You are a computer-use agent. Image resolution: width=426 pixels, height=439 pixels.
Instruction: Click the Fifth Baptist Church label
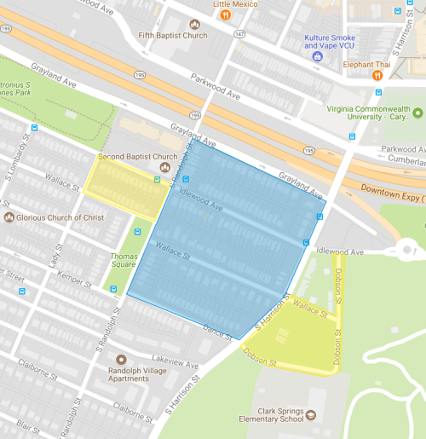(173, 36)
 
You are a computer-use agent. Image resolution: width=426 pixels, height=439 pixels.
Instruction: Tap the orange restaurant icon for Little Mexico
(225, 14)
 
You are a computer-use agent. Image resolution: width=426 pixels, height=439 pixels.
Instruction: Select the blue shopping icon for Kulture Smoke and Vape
(318, 56)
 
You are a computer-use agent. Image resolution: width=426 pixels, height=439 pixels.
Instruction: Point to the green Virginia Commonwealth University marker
(417, 113)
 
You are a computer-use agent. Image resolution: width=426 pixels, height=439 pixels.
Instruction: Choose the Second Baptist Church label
(137, 157)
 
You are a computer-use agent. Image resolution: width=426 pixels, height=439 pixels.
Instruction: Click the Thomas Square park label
(124, 260)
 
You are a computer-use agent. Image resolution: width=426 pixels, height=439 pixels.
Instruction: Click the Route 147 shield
(240, 34)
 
